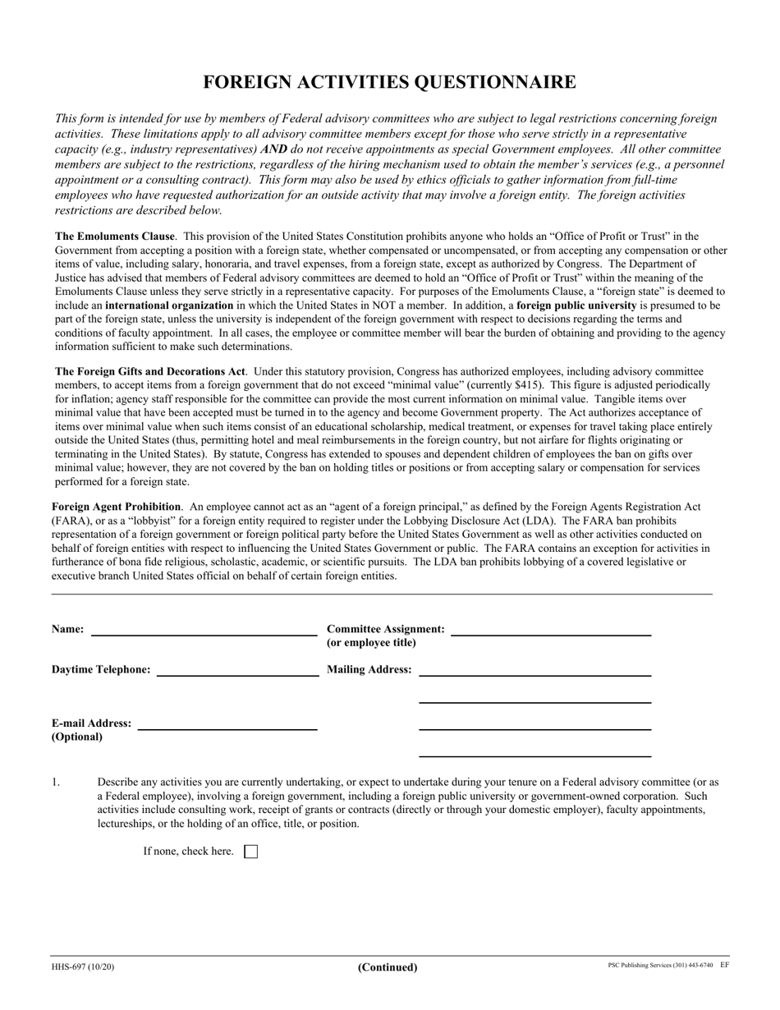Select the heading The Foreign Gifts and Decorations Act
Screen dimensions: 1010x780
pyautogui.click(x=149, y=371)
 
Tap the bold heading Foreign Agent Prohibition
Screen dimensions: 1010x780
pyautogui.click(x=116, y=507)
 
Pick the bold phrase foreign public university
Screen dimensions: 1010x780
pyautogui.click(x=576, y=305)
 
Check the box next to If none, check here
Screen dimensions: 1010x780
pyautogui.click(x=251, y=852)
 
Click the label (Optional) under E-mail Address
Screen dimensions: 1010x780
pyautogui.click(x=77, y=737)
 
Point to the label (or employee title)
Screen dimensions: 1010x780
pyautogui.click(x=371, y=642)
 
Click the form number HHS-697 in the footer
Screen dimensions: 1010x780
pyautogui.click(x=71, y=966)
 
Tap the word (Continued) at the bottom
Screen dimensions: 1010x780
pyautogui.click(x=388, y=967)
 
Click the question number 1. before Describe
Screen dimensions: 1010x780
pyautogui.click(x=56, y=782)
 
